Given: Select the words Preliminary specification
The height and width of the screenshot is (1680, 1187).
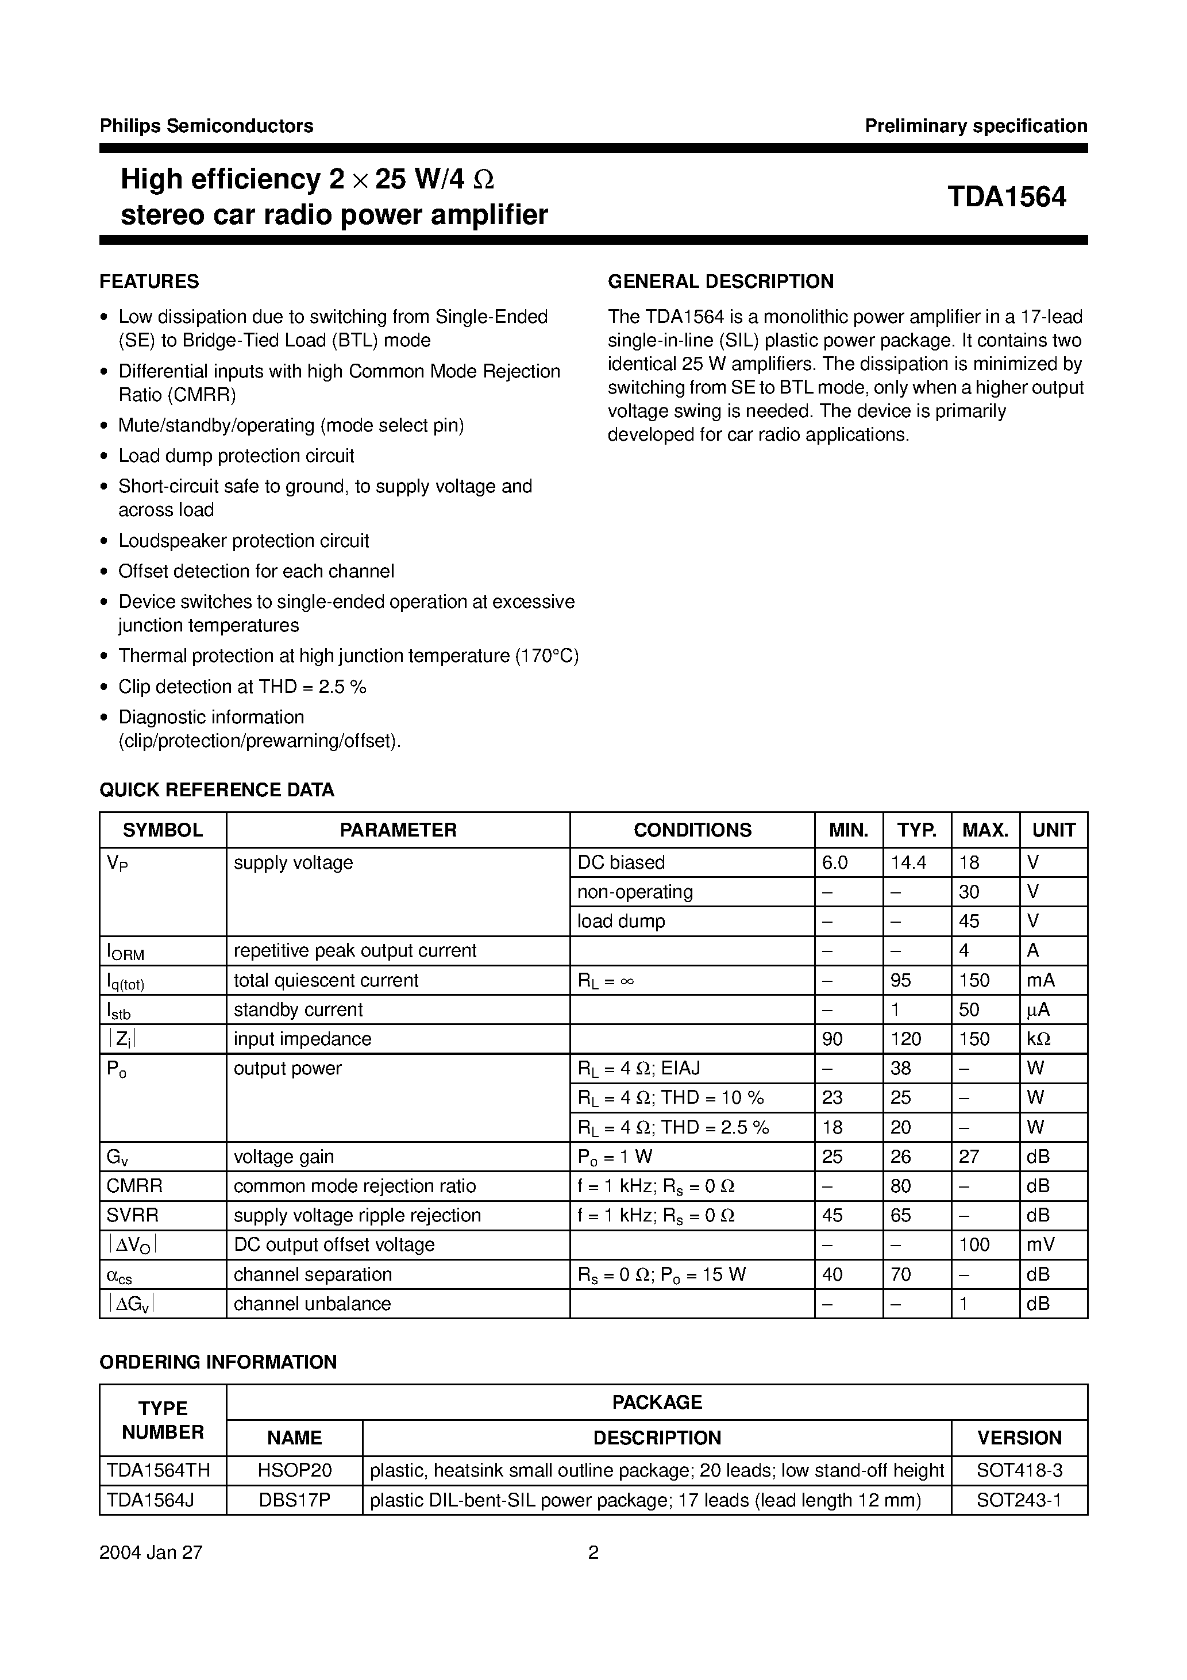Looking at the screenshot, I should [x=976, y=126].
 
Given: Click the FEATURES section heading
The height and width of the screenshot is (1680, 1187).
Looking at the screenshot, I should [x=149, y=282].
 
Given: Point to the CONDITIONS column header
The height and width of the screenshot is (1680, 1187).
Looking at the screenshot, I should [x=692, y=830].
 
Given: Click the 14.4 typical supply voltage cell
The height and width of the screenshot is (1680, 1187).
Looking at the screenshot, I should [x=908, y=862].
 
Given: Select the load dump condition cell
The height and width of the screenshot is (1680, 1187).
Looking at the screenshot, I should [x=621, y=921].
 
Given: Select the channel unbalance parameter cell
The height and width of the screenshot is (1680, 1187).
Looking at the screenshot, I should [x=312, y=1303].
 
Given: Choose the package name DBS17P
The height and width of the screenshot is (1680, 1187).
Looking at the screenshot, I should [x=294, y=1501].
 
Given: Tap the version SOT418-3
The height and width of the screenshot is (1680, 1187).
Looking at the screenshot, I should [x=1019, y=1471].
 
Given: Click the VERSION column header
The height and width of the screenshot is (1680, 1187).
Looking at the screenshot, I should [x=1019, y=1438].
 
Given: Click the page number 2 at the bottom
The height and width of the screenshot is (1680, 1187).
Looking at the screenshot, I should [x=593, y=1552].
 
